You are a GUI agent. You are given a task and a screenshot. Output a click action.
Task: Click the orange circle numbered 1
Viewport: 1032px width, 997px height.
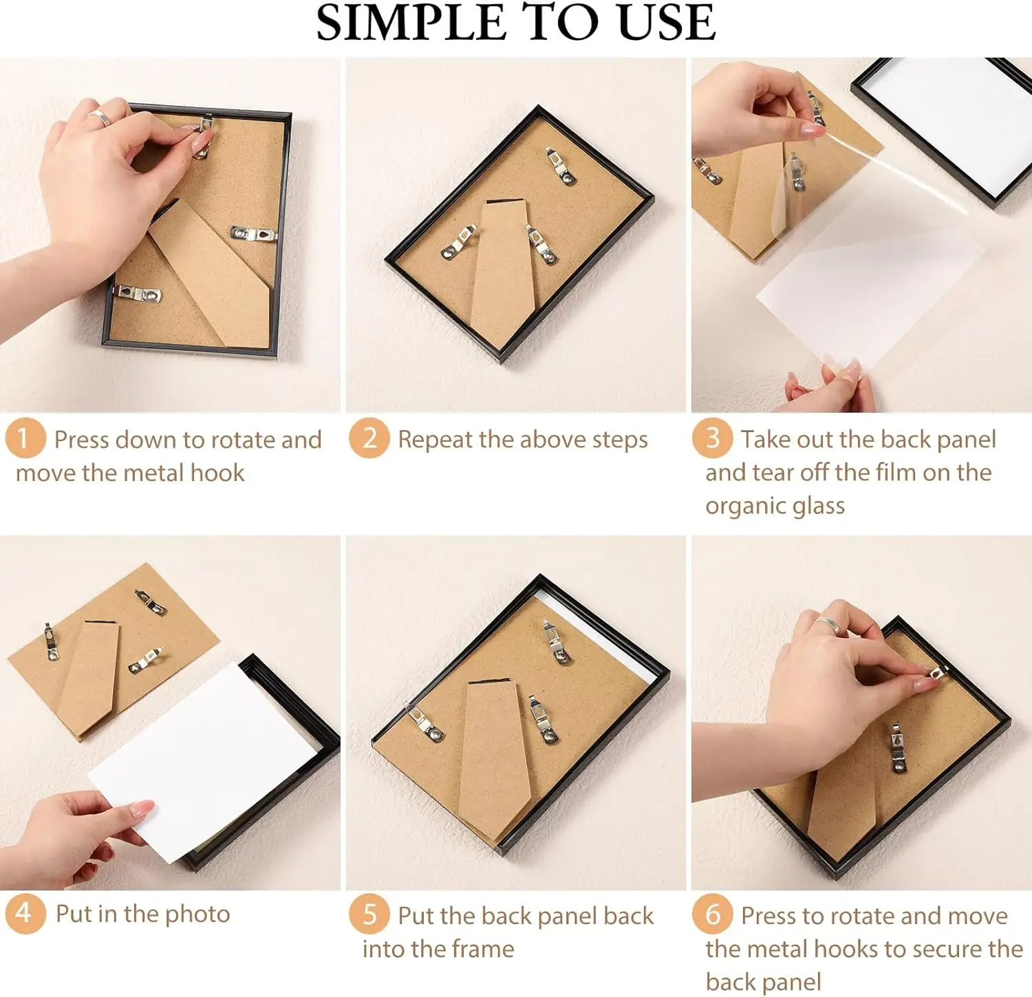[x=25, y=438]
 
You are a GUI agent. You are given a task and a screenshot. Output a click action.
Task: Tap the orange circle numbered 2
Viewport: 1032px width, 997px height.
[x=369, y=438]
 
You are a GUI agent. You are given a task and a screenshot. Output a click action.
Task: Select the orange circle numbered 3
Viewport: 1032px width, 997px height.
[x=713, y=438]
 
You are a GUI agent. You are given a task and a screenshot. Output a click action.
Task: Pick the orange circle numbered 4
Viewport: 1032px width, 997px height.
[x=25, y=913]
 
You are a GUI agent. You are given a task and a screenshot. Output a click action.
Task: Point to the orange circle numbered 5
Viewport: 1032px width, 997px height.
[x=369, y=914]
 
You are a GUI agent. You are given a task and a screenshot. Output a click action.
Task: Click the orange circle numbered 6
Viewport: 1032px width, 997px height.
[x=713, y=914]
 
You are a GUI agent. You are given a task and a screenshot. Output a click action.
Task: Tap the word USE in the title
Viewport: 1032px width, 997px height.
[x=667, y=22]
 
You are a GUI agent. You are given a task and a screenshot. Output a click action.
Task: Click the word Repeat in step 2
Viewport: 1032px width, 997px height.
[x=436, y=440]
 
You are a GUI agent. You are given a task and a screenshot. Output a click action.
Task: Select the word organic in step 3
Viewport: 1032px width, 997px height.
[x=746, y=506]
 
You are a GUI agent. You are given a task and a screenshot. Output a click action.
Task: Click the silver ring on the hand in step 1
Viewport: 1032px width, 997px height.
[x=100, y=118]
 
